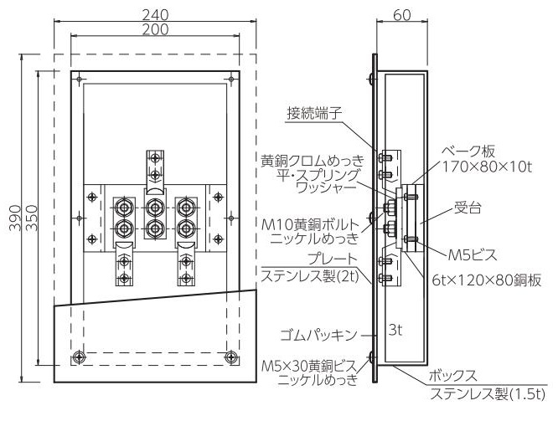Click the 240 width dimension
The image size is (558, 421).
(155, 15)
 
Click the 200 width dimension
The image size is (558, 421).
(155, 29)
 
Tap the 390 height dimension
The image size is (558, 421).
(15, 218)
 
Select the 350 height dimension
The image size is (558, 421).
(32, 218)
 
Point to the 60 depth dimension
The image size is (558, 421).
(402, 15)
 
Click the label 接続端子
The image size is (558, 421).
(314, 114)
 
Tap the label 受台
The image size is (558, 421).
(468, 208)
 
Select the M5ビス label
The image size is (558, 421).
(472, 254)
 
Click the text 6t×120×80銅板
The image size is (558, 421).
(487, 280)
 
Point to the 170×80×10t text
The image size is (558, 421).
(487, 167)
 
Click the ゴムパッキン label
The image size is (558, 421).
(318, 335)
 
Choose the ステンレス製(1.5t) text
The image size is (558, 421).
(488, 394)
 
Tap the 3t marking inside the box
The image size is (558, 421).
(395, 331)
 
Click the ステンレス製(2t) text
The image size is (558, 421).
(310, 276)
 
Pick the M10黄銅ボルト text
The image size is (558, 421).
(310, 224)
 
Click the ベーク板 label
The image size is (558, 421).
(468, 151)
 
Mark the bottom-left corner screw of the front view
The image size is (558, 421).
(78, 357)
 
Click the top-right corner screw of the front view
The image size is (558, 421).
(231, 79)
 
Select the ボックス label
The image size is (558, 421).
(452, 376)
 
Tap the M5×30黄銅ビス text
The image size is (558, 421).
(309, 367)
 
